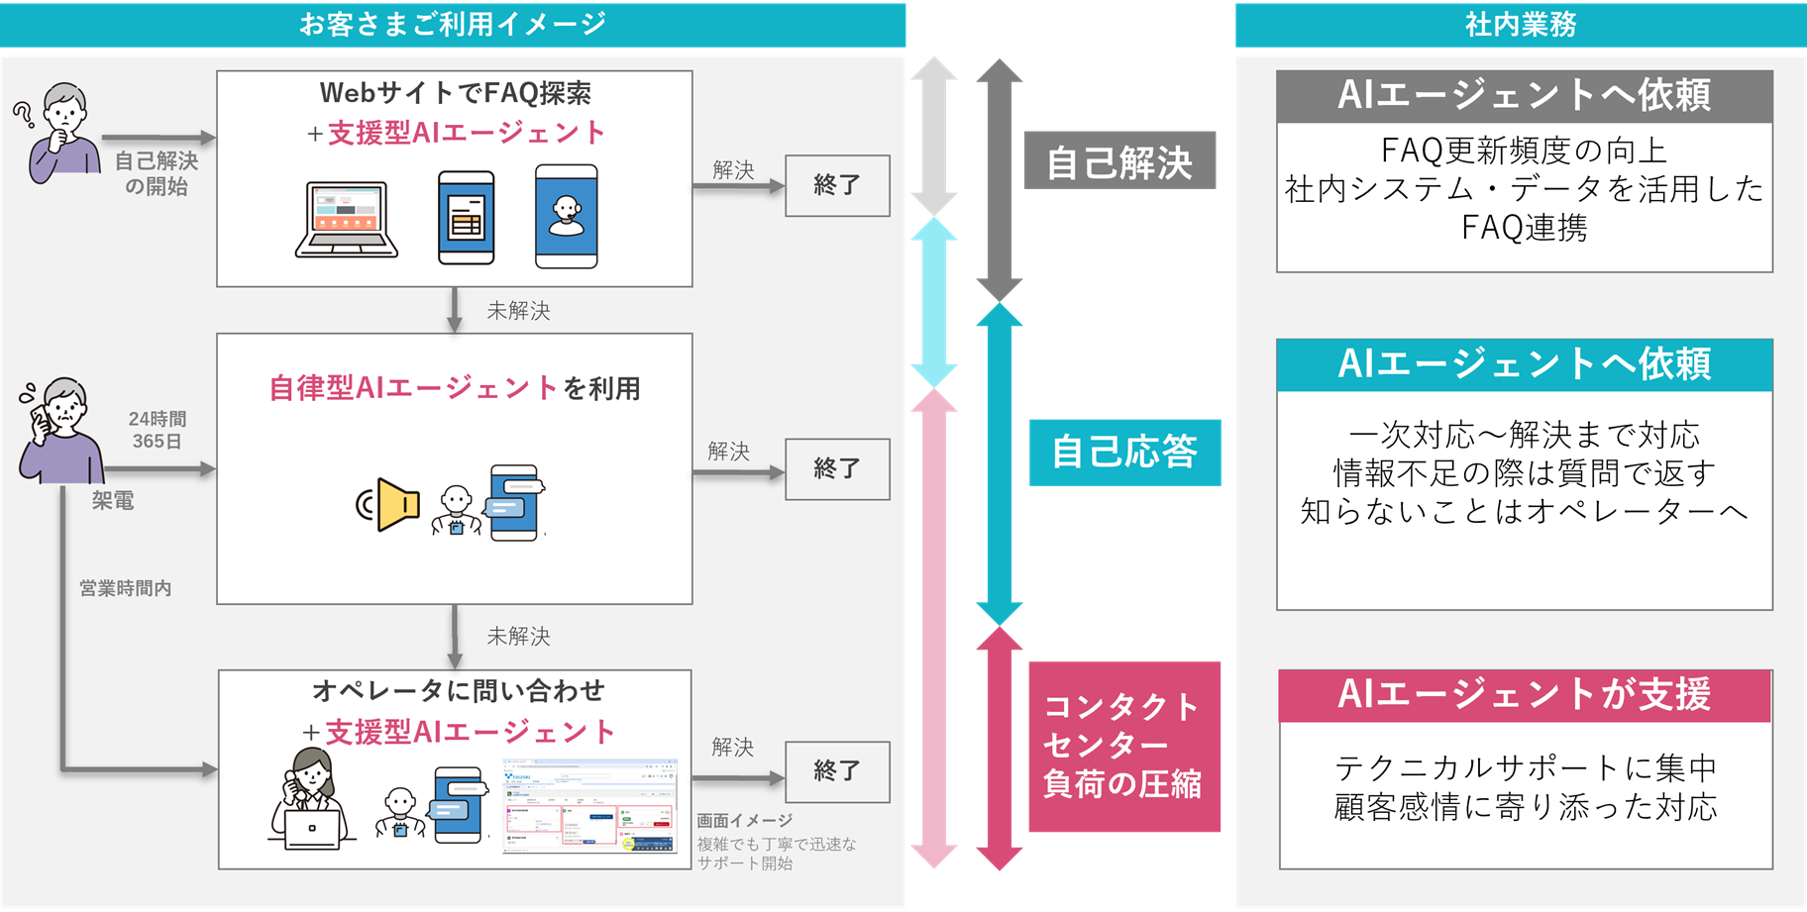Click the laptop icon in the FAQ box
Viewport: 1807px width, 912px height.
[347, 220]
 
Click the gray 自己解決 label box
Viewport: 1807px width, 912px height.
[1119, 161]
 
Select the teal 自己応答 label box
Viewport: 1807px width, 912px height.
[1124, 452]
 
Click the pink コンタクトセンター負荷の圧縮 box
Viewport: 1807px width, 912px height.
[1124, 747]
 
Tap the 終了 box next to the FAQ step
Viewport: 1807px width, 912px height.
[837, 185]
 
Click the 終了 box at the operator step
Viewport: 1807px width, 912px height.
[837, 771]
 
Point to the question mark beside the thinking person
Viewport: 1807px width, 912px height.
[23, 115]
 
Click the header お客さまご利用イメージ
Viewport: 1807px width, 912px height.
[453, 24]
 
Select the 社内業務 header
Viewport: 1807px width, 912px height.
[1520, 24]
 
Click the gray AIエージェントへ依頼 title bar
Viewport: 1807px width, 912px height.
[1524, 96]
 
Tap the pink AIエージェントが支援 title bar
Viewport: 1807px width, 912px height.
[1524, 695]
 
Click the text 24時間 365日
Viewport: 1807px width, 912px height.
[158, 430]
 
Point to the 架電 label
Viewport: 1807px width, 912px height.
[113, 501]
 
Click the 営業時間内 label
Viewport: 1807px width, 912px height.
[126, 588]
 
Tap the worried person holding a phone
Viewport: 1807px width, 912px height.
[59, 431]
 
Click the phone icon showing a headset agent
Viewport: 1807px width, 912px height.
[567, 217]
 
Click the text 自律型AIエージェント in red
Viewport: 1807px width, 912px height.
[413, 388]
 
